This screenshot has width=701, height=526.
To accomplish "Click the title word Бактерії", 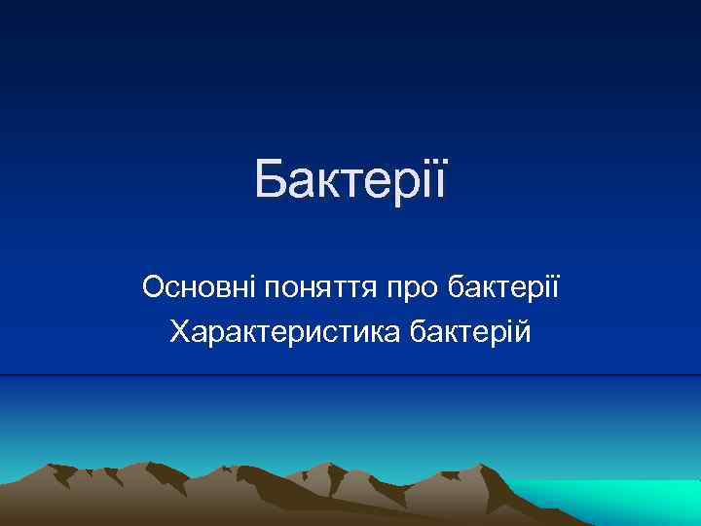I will [x=350, y=180].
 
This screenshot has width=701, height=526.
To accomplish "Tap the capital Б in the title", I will [x=273, y=180].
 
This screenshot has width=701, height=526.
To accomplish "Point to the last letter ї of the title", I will [x=440, y=180].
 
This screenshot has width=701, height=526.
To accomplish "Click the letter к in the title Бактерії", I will [x=330, y=185].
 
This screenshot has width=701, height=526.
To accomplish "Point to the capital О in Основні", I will [x=154, y=287].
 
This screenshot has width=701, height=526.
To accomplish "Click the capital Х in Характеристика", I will [x=181, y=334].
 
